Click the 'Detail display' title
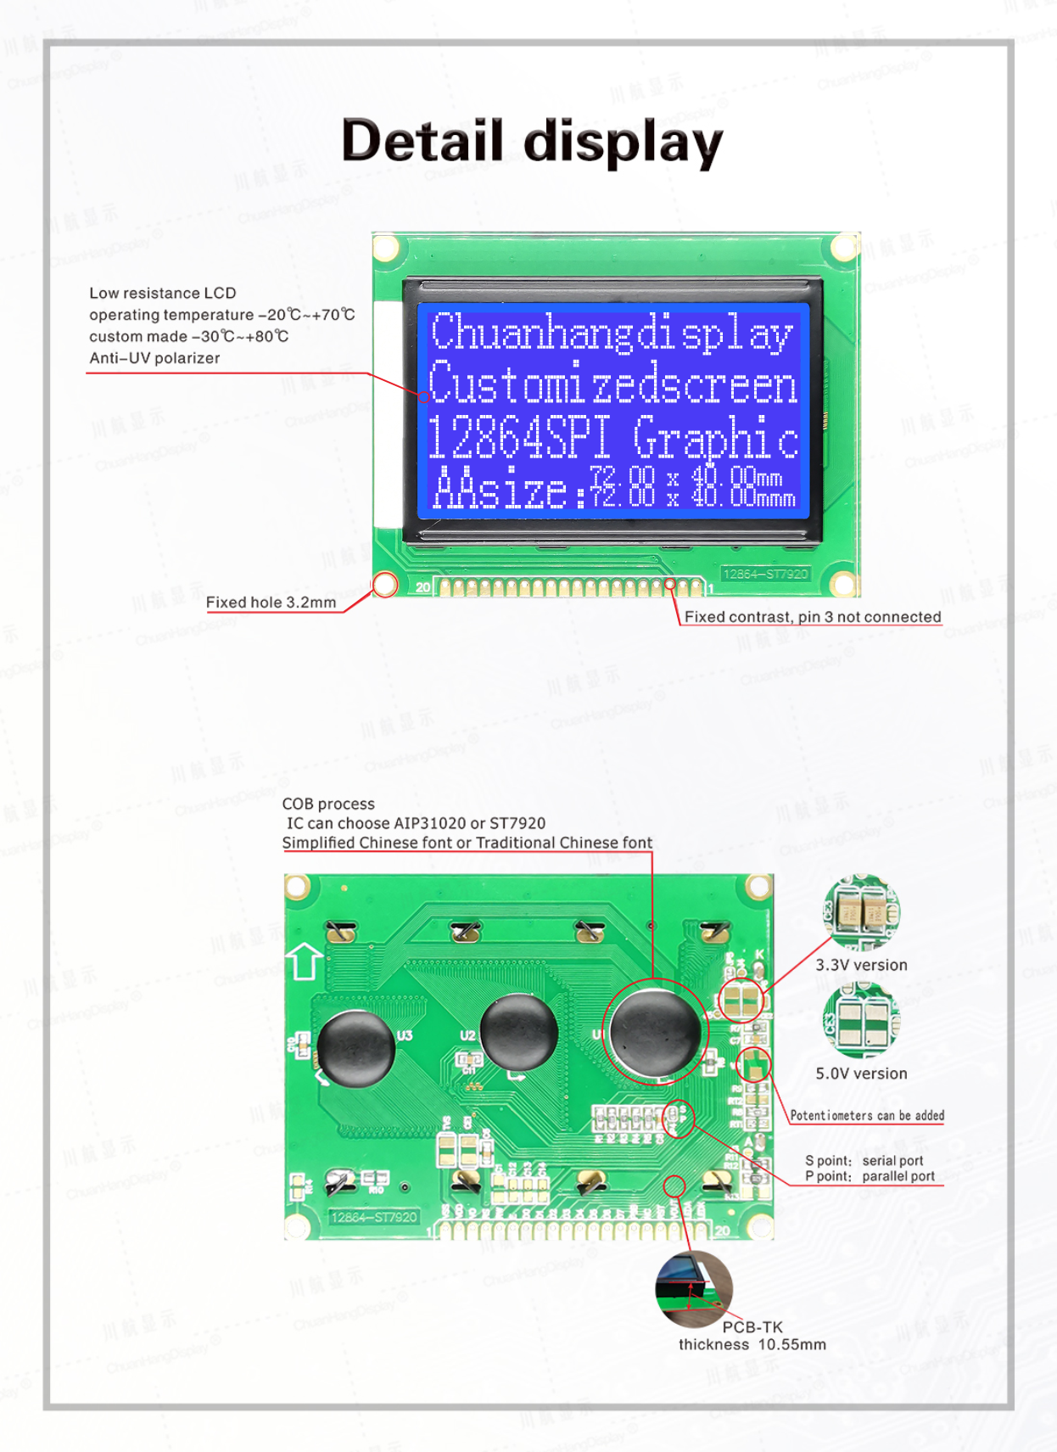[532, 141]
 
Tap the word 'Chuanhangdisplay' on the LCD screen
[612, 333]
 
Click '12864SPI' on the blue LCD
[518, 439]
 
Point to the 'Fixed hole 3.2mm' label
[271, 603]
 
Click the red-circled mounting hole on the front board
[385, 584]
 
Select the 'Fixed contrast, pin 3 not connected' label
[812, 617]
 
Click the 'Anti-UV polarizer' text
[154, 358]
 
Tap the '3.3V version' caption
[861, 965]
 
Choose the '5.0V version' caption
[861, 1074]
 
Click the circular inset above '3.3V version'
[862, 912]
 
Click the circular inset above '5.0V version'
[861, 1021]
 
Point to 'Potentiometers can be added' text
[867, 1116]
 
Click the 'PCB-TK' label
[752, 1327]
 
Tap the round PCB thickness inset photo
[693, 1289]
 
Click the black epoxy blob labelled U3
[356, 1049]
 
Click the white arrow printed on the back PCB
[305, 961]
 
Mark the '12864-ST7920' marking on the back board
[374, 1217]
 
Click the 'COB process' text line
[328, 804]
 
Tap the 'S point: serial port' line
[864, 1161]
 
